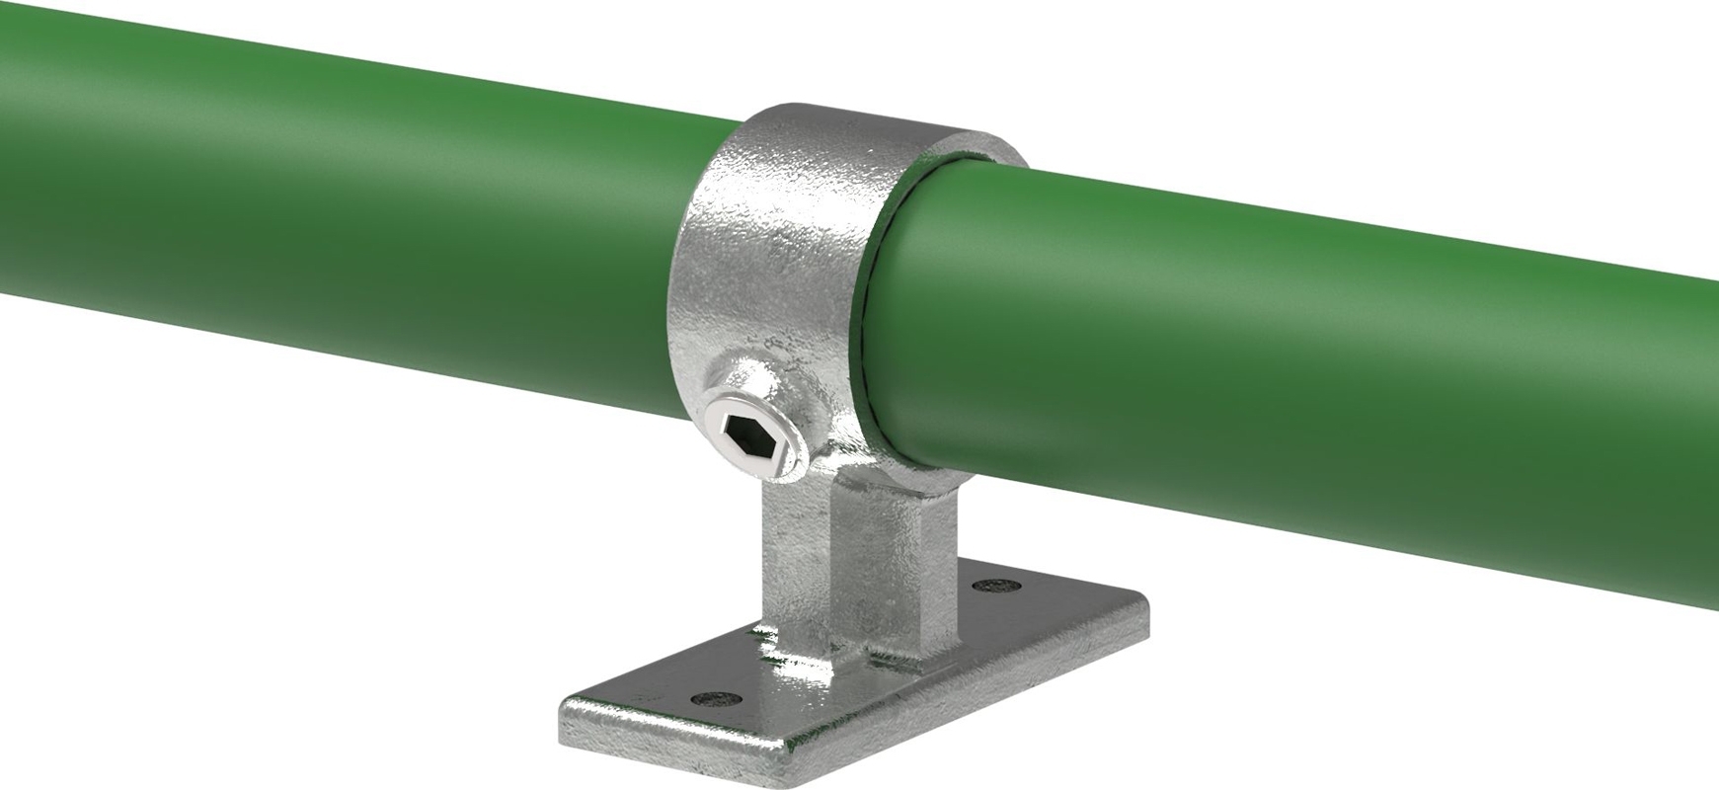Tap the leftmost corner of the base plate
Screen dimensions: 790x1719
(x=565, y=703)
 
